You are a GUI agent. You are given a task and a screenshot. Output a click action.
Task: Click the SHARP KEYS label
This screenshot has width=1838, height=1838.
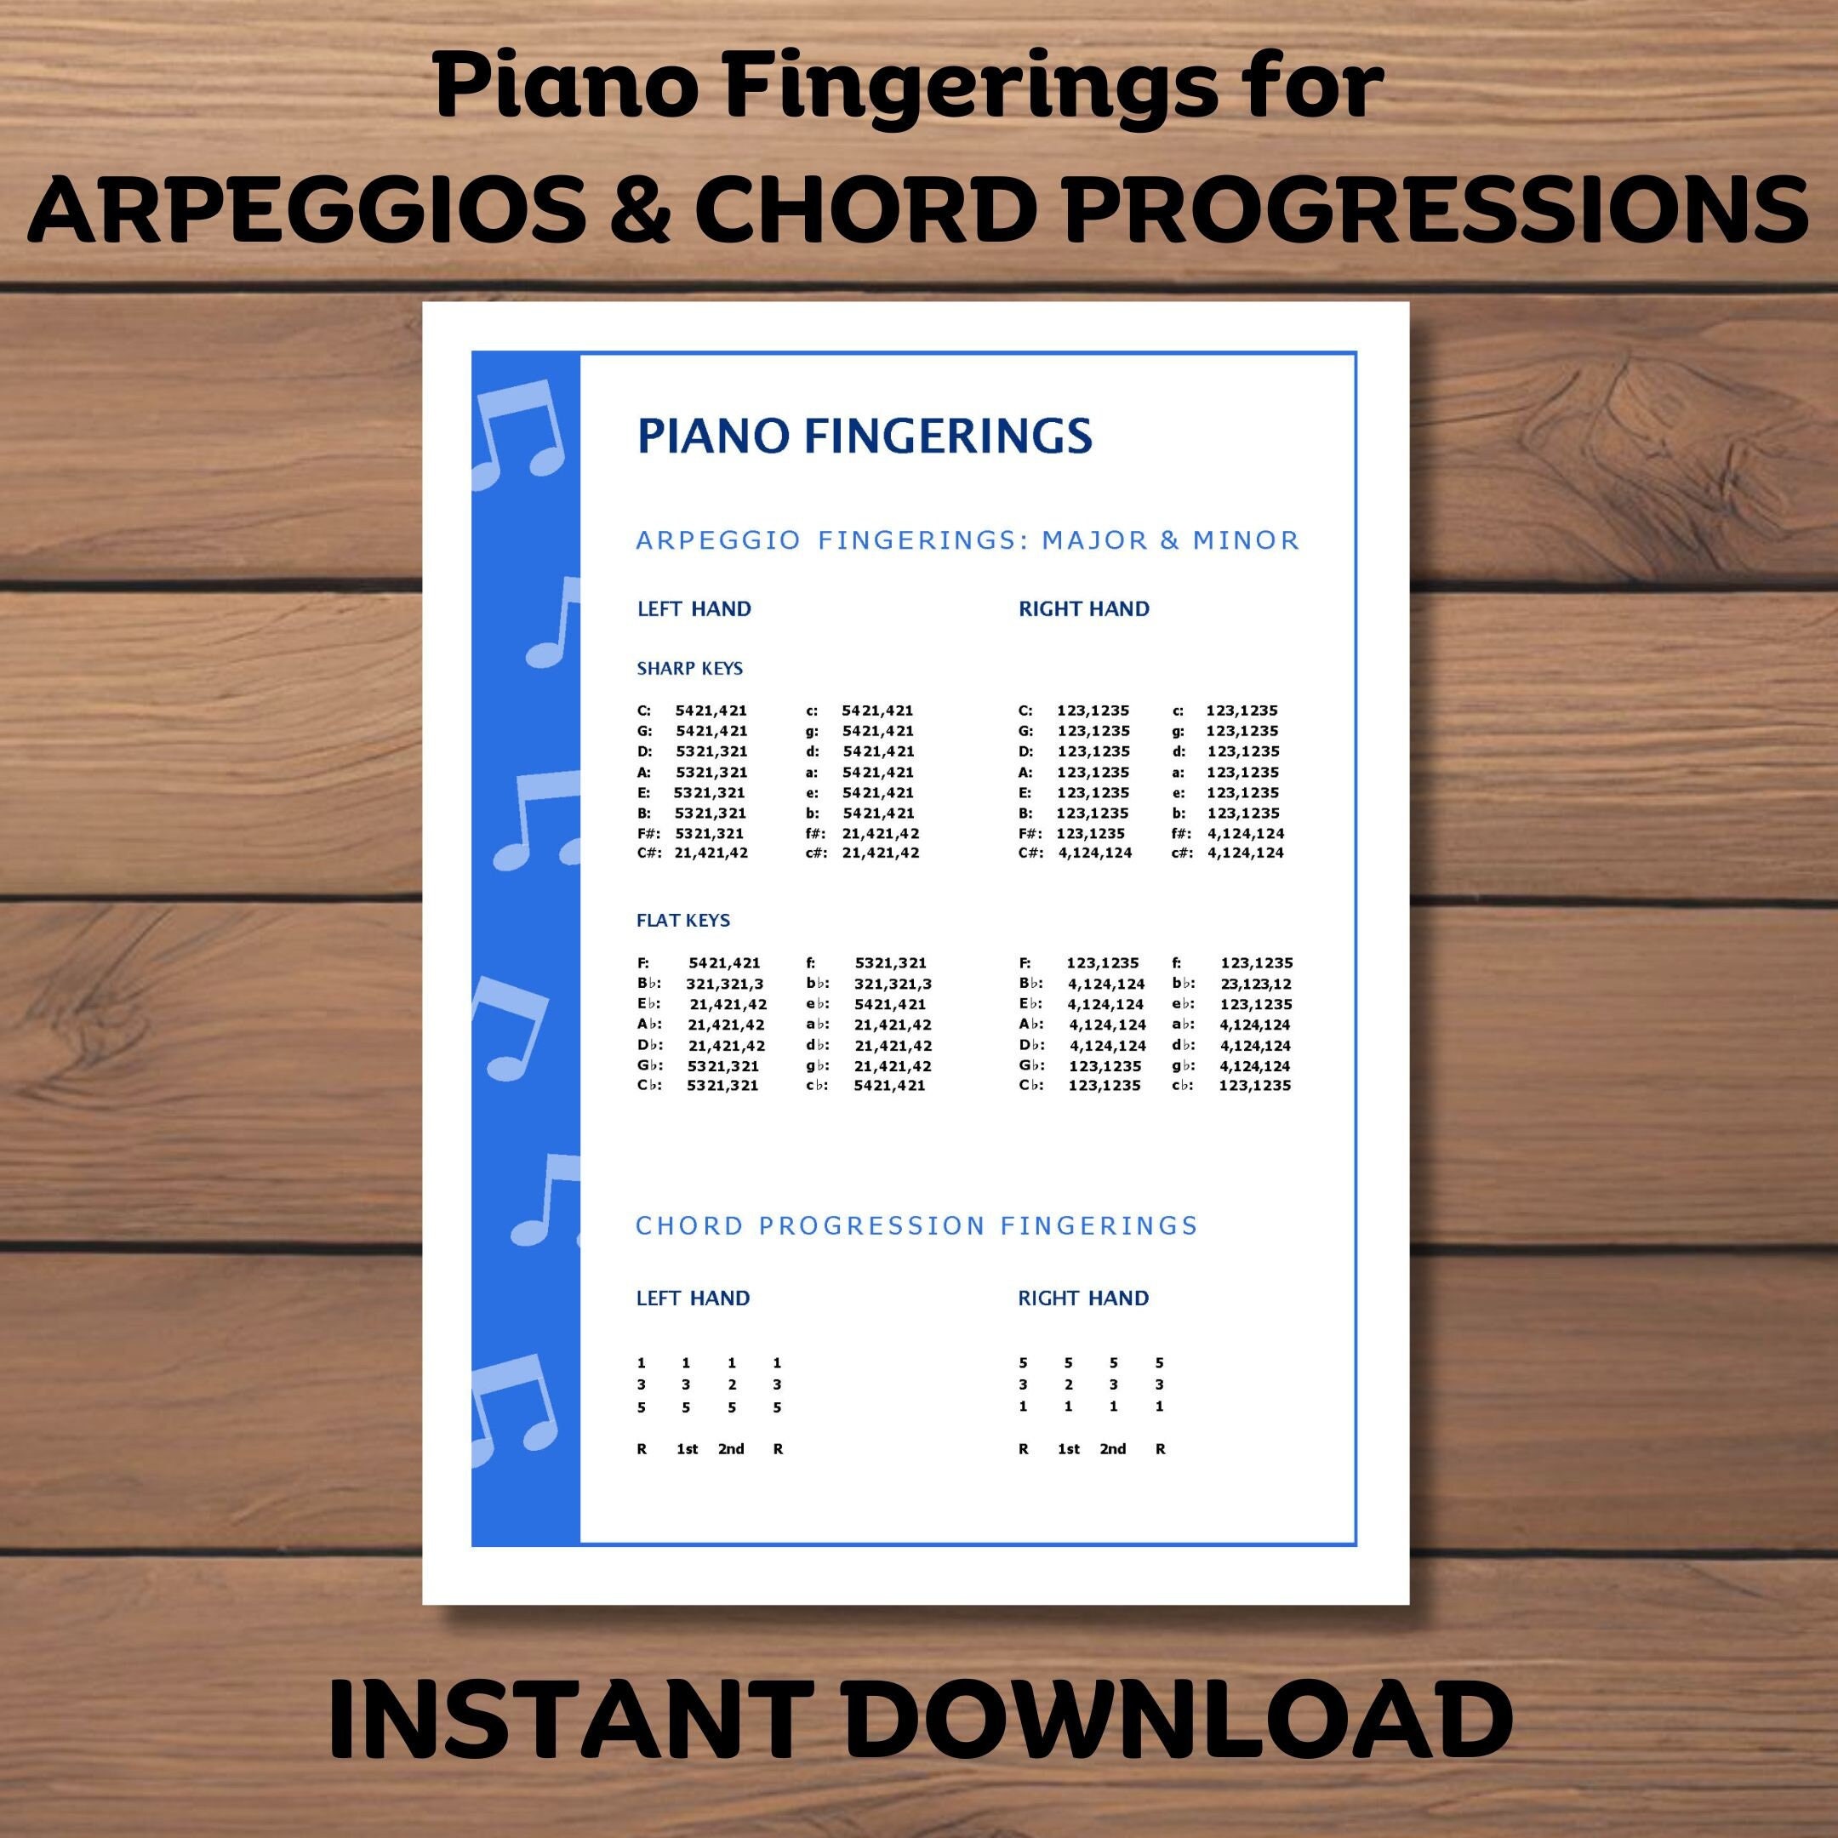pos(690,668)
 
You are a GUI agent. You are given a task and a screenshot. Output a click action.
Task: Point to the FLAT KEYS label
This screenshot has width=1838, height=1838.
pos(683,920)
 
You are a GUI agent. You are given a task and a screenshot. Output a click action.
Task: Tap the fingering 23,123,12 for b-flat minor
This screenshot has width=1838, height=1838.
pos(1256,984)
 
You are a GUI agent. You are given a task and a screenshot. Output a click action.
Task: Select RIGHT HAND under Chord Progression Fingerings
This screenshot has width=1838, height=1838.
pos(1082,1298)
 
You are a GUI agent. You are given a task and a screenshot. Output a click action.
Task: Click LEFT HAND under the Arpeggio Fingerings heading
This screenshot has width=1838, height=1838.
pos(694,609)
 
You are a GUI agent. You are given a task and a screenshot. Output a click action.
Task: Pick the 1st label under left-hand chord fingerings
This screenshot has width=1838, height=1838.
pos(687,1449)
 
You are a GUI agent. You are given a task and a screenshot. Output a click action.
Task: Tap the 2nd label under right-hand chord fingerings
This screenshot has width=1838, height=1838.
pos(1112,1449)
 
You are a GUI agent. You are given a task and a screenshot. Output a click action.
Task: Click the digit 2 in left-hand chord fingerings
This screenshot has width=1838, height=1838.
pos(732,1384)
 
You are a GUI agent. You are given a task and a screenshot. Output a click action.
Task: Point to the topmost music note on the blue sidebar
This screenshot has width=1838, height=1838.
pos(518,433)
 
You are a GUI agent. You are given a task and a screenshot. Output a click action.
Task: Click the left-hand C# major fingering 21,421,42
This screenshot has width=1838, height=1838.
pos(711,853)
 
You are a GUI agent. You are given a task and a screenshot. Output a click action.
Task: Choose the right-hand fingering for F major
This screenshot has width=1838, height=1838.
pos(1102,962)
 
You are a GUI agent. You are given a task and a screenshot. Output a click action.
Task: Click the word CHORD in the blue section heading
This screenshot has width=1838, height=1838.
pos(676,1225)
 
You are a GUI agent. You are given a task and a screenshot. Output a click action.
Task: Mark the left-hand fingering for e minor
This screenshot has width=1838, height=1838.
pos(877,792)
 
